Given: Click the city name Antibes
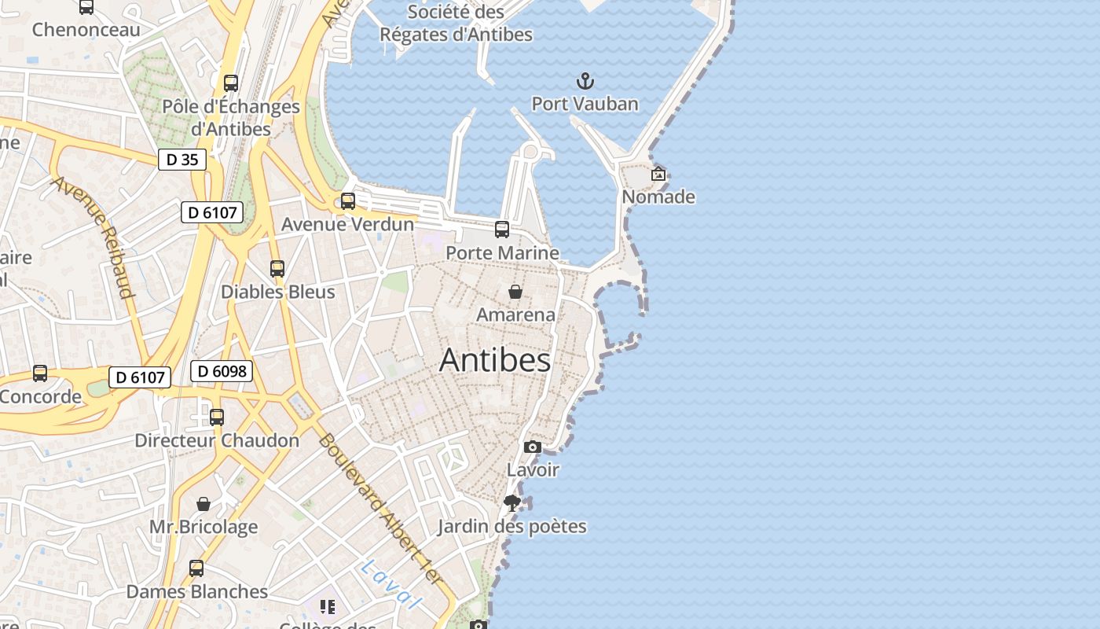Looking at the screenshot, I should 495,360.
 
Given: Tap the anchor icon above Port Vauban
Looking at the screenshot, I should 585,81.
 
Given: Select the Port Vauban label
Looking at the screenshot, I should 585,104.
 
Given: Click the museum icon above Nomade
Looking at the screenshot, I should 658,174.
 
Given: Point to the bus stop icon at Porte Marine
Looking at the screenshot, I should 502,230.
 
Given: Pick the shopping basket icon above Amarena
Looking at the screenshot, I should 515,292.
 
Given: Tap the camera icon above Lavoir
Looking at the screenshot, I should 533,447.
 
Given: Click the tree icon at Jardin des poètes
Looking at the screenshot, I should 512,502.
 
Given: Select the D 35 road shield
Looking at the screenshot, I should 181,160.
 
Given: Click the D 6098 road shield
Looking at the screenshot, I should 221,371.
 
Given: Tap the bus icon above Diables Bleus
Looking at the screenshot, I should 277,269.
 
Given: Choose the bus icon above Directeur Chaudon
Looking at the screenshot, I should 217,417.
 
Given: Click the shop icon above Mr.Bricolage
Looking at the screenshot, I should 203,503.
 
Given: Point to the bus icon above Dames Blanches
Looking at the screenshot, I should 196,568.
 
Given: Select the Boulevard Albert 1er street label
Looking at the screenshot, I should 380,519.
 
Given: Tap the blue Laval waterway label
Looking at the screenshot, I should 390,584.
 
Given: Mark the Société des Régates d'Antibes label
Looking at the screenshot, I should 456,24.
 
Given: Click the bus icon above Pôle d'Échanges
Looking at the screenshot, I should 231,83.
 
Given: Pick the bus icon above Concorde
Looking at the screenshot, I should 40,373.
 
